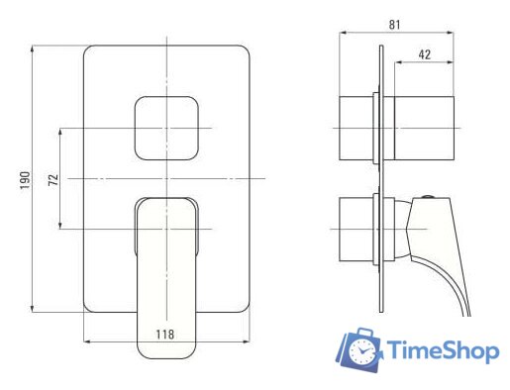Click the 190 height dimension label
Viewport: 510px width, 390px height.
[x=25, y=180]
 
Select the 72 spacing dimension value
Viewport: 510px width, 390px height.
[x=53, y=179]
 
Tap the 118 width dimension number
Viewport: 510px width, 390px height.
[x=164, y=335]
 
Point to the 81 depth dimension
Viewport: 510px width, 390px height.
[x=394, y=25]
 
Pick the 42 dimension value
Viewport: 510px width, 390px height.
[x=425, y=54]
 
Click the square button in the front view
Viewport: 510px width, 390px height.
[x=166, y=128]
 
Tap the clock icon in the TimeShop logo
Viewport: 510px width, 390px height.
[x=363, y=351]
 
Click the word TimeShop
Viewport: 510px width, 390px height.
[x=443, y=350]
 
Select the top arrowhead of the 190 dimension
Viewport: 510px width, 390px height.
[x=32, y=49]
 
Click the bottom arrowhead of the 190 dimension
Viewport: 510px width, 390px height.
[x=32, y=309]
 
